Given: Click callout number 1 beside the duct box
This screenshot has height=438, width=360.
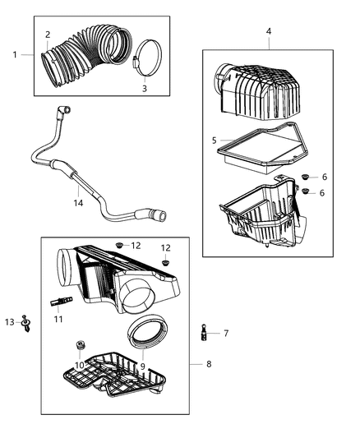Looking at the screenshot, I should (x=14, y=54).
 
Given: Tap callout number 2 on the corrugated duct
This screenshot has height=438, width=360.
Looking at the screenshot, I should (x=48, y=35).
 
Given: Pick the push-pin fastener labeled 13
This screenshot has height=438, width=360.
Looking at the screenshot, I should (x=27, y=322).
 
